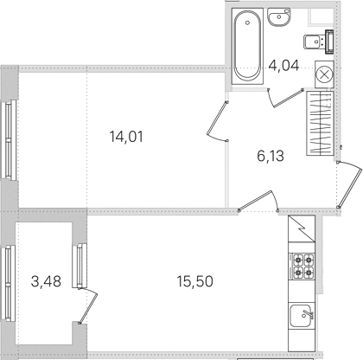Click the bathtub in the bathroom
pos(247,46)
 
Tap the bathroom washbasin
pos(278,17)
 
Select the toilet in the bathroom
pos(318,42)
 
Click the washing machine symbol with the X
pos(324,74)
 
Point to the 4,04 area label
pos(283,66)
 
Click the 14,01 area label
pos(126,137)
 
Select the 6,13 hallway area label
pos(271,156)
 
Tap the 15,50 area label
pos(195,281)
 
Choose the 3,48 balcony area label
pos(46,281)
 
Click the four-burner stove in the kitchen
pos(302,266)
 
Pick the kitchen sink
pos(302,316)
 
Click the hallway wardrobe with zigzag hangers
pos(320,123)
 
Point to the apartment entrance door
pos(349,184)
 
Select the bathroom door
pos(285,98)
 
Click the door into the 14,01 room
pos(218,121)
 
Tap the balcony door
pos(88,305)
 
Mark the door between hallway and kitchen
pos(258,202)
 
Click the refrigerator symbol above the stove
pos(302,228)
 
